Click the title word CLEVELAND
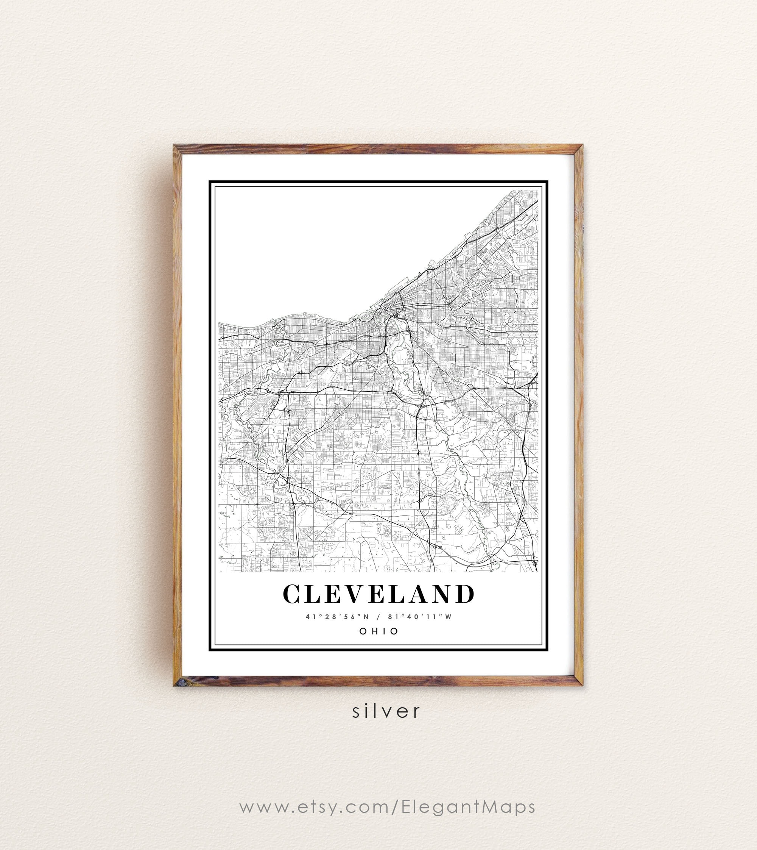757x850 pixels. pos(378,594)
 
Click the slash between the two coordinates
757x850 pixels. pos(378,617)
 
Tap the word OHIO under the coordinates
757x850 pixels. pos(378,631)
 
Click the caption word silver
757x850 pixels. pos(386,711)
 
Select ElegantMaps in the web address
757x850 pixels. pos(468,808)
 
